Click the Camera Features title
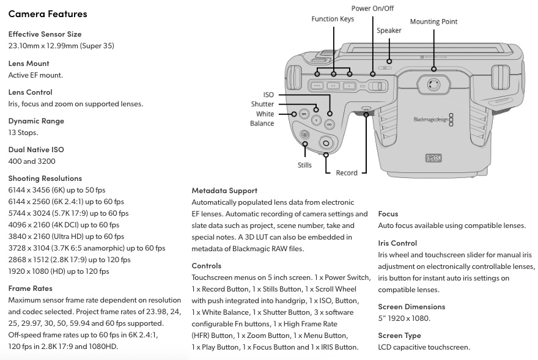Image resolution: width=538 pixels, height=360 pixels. click(48, 13)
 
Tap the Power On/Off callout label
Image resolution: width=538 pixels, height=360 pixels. click(372, 8)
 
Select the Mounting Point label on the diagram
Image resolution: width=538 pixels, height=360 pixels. click(433, 21)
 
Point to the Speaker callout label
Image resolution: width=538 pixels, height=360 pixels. click(389, 30)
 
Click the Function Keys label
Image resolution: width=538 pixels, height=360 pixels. click(333, 19)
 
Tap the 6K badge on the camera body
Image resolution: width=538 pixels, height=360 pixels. click(433, 158)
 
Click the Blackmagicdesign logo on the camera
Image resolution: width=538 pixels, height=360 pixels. click(433, 120)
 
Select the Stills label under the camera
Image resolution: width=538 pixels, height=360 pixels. click(304, 165)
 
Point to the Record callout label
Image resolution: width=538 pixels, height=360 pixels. click(346, 172)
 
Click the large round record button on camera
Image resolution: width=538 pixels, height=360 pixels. click(326, 142)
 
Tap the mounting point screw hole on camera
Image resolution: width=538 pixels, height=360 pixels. click(433, 84)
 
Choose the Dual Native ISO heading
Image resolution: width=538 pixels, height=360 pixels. click(36, 150)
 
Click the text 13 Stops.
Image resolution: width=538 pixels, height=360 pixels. click(23, 133)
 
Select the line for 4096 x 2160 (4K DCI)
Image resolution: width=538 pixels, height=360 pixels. click(64, 225)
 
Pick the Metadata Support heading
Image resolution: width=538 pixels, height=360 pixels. click(224, 191)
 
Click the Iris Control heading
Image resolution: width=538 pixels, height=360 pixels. click(397, 243)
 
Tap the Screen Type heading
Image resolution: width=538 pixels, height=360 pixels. click(399, 336)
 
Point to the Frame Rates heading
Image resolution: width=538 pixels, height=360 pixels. click(30, 288)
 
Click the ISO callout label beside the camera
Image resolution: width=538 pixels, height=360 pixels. click(268, 95)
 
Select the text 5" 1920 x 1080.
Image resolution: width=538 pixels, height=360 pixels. click(404, 318)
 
